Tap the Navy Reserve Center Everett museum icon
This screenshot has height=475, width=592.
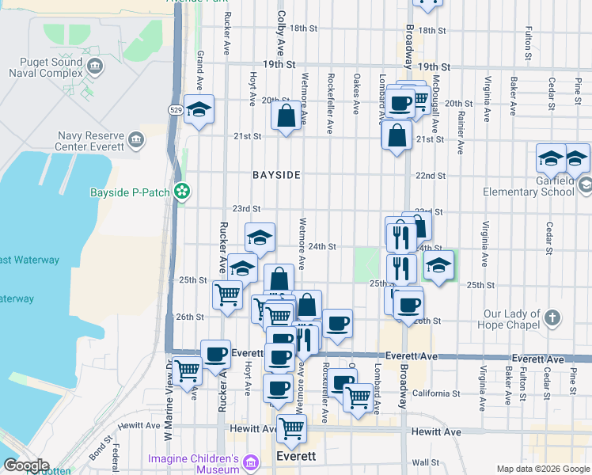pyautogui.click(x=137, y=141)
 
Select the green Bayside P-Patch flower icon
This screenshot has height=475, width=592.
pyautogui.click(x=182, y=191)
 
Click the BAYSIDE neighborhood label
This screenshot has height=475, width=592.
pyautogui.click(x=276, y=175)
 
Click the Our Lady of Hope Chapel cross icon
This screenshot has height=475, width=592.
pyautogui.click(x=552, y=318)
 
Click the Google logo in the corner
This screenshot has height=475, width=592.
pyautogui.click(x=25, y=465)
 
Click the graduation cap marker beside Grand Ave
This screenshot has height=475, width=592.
pyautogui.click(x=199, y=110)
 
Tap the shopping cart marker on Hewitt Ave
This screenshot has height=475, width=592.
pyautogui.click(x=291, y=428)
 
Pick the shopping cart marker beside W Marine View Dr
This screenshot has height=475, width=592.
pyautogui.click(x=188, y=370)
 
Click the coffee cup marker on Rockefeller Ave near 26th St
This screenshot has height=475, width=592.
pyautogui.click(x=337, y=323)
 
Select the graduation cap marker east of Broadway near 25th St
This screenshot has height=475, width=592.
pyautogui.click(x=438, y=265)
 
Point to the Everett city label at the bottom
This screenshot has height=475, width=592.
pyautogui.click(x=297, y=458)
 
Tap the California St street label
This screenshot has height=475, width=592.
pyautogui.click(x=436, y=393)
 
